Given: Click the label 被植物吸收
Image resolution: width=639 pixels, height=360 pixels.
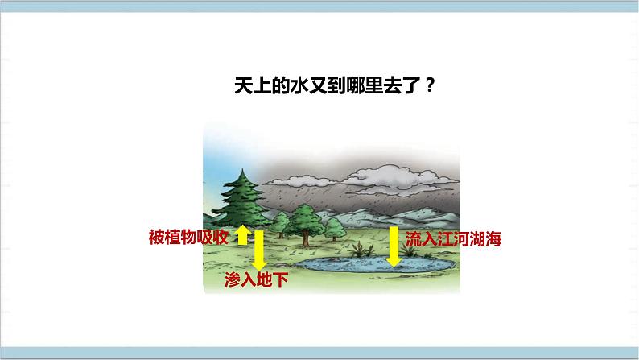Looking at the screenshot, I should point(190,238).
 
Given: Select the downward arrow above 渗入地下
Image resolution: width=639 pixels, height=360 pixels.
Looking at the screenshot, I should point(259,250).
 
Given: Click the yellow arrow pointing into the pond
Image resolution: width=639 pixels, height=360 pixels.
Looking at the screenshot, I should point(394,246).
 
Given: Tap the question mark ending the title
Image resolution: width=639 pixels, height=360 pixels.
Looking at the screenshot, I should point(431,86).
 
